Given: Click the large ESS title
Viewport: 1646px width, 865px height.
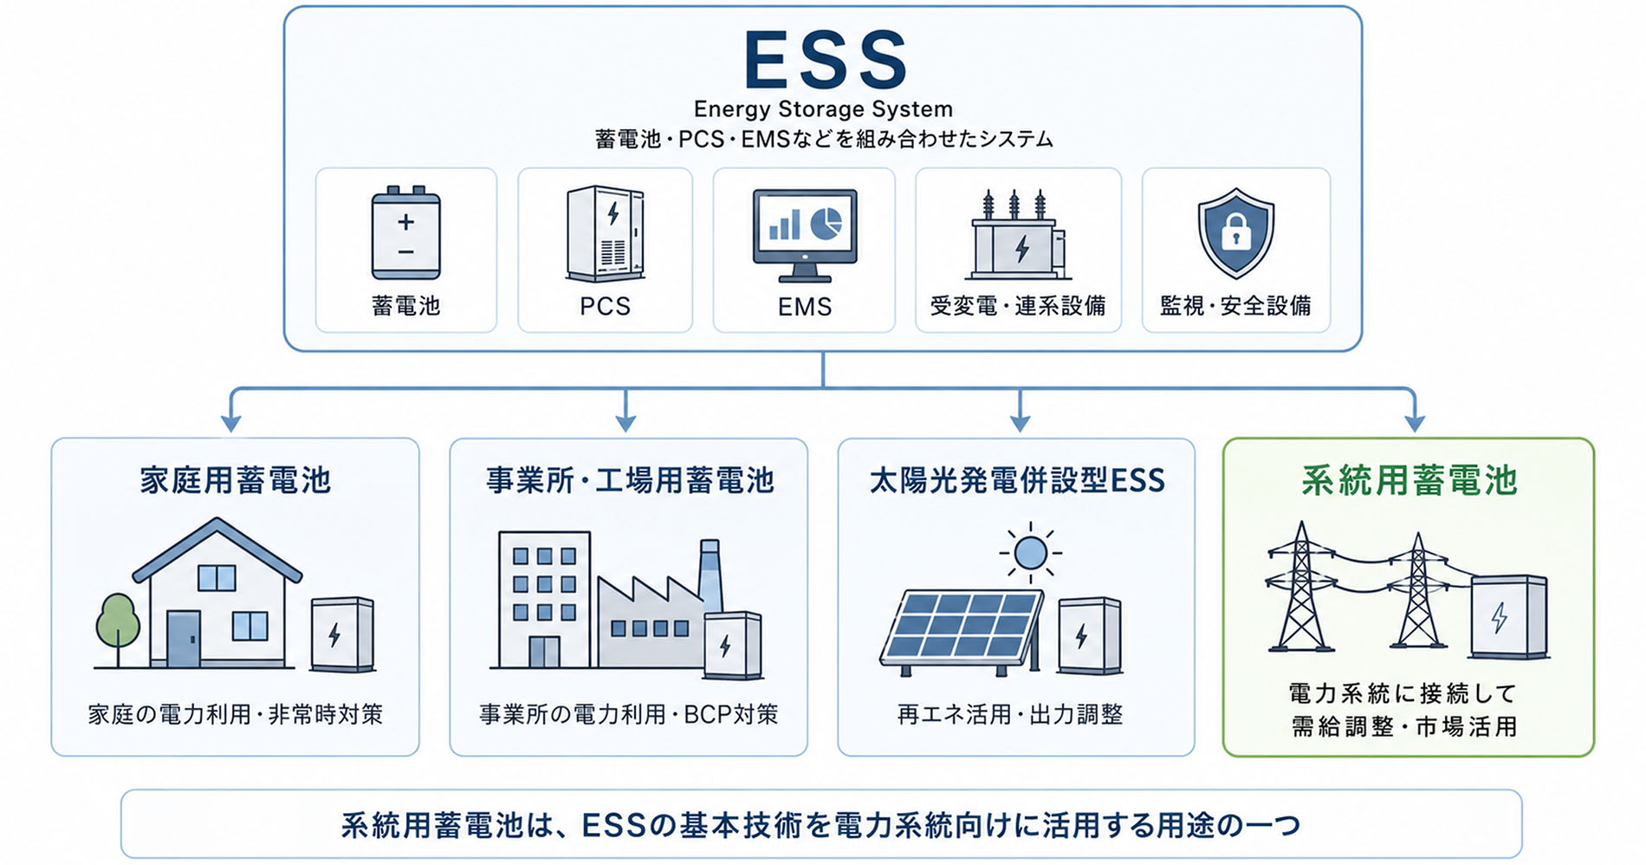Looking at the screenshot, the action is click(825, 59).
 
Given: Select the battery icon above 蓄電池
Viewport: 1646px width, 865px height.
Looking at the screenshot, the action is click(405, 232).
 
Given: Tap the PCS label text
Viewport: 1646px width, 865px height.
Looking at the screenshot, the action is click(605, 306).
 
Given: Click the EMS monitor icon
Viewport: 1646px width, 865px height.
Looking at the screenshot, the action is click(805, 235).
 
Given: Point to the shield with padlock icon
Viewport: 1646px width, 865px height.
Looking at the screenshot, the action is click(1235, 232).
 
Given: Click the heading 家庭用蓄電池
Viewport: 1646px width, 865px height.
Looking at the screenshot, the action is click(236, 480).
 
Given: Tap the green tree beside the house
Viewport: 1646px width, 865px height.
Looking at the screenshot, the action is click(117, 628).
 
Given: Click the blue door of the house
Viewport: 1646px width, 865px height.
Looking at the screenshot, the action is click(184, 639).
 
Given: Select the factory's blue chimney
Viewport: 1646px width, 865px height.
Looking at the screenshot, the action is click(710, 575).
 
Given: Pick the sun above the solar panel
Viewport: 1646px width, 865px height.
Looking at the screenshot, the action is click(1030, 552).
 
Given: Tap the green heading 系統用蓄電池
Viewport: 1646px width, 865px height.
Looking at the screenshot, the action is click(1409, 480).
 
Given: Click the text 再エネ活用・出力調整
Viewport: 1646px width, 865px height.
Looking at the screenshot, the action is click(1010, 714).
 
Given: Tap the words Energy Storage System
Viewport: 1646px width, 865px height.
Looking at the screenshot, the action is click(823, 109).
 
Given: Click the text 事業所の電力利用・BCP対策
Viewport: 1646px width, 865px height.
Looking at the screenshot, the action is click(629, 714).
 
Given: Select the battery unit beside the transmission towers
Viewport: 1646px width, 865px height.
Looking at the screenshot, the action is click(1509, 616).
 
